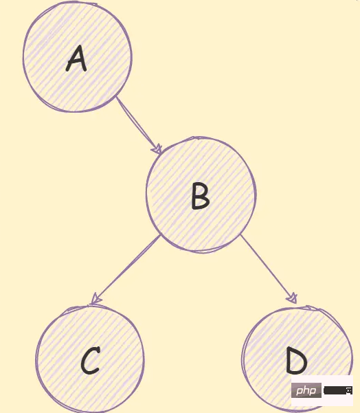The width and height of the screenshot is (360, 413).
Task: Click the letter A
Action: coord(76,58)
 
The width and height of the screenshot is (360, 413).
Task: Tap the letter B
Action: coord(201,196)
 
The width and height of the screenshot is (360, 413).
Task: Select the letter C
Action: coord(90,360)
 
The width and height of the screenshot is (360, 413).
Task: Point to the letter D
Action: coord(297,360)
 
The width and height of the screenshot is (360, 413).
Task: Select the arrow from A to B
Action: coord(139,125)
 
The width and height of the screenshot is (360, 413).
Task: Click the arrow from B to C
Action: coord(125,269)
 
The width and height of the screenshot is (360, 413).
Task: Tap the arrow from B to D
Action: coord(269,269)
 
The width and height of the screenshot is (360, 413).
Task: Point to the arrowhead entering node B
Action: coord(157,149)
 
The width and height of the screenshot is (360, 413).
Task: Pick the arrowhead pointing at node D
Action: coord(293,298)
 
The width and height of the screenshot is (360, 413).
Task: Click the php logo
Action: coord(306,390)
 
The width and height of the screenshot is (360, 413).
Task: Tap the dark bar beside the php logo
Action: coord(338,390)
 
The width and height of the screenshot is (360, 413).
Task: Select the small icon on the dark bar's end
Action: coord(349,390)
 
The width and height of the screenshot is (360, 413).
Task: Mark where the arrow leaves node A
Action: coord(117,97)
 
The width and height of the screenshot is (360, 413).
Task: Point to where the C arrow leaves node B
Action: coord(160,235)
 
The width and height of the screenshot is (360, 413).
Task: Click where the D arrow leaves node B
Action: coord(240,235)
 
